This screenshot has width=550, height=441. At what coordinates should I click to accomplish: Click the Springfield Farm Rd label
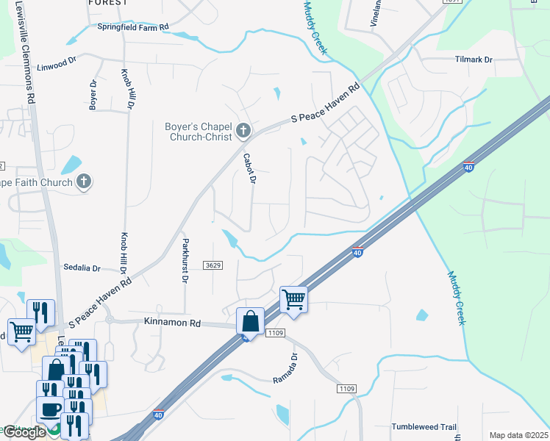click(x=133, y=26)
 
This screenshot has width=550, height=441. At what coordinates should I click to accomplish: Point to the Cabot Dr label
click(x=249, y=168)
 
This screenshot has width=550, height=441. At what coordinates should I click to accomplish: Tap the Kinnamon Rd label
click(x=173, y=323)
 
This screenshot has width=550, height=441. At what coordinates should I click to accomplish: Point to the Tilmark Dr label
click(x=474, y=59)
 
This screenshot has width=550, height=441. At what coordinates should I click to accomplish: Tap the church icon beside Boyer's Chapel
click(x=243, y=132)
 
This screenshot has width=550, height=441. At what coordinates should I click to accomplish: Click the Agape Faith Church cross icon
click(x=84, y=182)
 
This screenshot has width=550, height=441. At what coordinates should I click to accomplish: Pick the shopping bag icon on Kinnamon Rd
click(x=250, y=321)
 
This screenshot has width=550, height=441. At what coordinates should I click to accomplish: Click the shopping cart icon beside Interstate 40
click(x=293, y=299)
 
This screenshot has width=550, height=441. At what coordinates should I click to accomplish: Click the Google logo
click(x=24, y=432)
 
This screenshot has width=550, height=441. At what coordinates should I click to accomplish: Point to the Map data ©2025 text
click(x=518, y=435)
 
